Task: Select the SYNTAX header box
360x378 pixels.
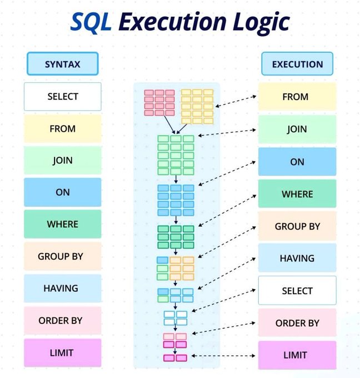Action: click(62, 64)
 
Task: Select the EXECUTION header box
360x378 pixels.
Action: click(297, 64)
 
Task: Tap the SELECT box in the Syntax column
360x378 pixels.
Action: click(62, 97)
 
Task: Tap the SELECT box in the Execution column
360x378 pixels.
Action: click(297, 290)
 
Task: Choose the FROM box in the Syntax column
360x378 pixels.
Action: click(62, 128)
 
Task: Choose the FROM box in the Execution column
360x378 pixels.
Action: click(297, 97)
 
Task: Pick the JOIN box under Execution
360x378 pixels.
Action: click(297, 129)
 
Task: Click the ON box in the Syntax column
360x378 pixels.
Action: click(62, 192)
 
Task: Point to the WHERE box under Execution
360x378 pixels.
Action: click(297, 194)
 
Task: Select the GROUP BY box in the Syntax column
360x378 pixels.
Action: click(62, 256)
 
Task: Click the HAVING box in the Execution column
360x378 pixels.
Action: click(297, 258)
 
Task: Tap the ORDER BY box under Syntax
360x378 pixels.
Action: click(62, 320)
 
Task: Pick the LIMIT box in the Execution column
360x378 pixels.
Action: click(297, 355)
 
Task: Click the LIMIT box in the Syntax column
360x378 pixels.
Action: click(62, 352)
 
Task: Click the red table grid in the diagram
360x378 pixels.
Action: click(159, 102)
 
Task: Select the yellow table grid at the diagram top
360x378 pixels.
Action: click(197, 106)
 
